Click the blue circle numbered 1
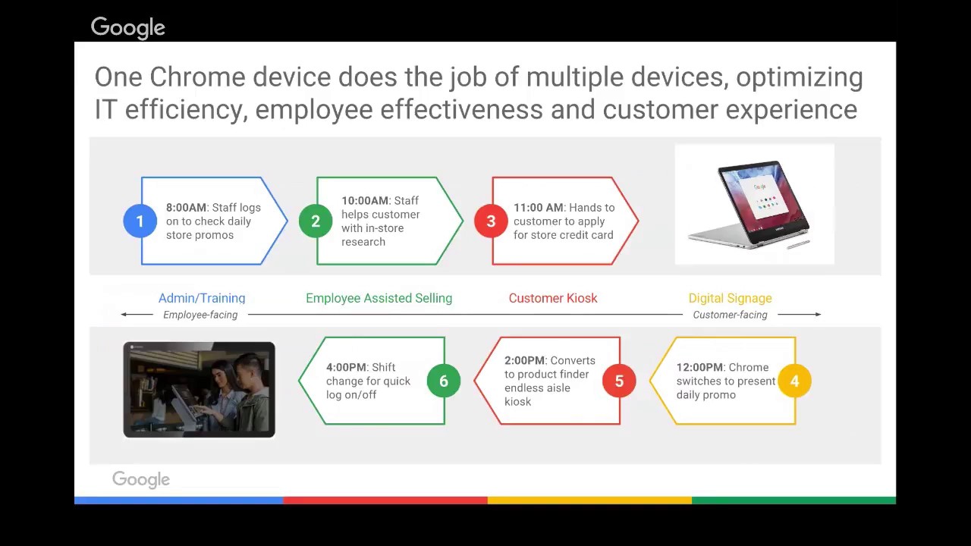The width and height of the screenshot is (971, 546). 140,221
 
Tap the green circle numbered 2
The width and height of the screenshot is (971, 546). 316,221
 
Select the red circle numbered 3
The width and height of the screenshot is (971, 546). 491,221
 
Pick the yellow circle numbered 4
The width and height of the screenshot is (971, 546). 794,381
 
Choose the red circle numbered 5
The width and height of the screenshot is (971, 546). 619,381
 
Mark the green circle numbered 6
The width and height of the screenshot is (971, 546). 444,381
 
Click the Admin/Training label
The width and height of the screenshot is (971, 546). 202,298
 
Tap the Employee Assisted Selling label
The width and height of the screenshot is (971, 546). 379,298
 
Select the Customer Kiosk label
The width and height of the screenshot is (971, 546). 553,298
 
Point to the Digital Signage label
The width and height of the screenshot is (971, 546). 730,298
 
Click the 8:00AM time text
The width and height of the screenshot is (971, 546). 186,208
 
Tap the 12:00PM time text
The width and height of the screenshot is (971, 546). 699,368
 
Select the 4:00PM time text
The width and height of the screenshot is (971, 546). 346,368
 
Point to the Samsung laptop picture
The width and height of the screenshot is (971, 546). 754,204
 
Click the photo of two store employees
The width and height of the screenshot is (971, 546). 200,390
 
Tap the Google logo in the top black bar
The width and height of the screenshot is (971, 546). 127,28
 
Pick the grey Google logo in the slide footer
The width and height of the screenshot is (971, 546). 141,480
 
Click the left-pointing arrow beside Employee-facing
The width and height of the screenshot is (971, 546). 137,314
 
